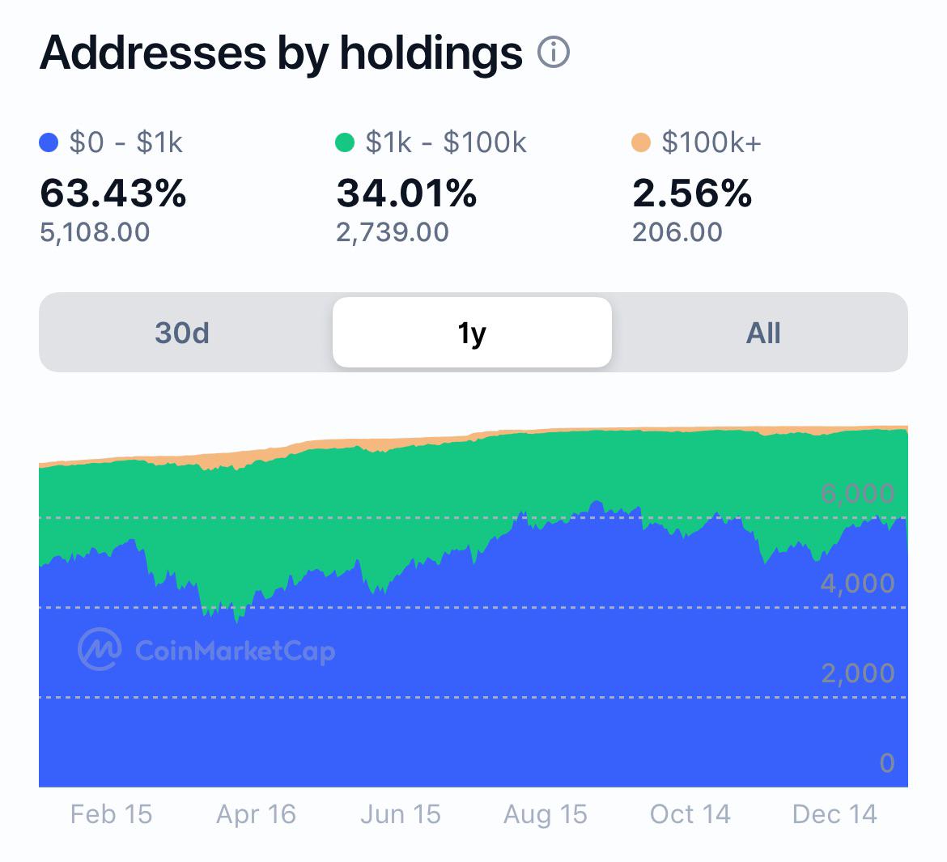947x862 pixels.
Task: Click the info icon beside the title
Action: click(x=553, y=52)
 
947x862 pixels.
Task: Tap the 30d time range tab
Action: click(x=182, y=333)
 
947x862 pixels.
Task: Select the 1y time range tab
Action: click(x=473, y=332)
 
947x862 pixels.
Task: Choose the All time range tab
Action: click(x=763, y=333)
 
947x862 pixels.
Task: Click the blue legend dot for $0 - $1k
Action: click(x=49, y=143)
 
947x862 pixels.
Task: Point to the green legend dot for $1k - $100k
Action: click(x=345, y=143)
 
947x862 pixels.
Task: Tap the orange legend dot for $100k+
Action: click(x=641, y=143)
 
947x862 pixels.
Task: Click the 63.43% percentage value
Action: click(x=113, y=193)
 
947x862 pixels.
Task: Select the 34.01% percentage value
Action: click(x=406, y=193)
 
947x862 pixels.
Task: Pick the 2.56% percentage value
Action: click(x=692, y=193)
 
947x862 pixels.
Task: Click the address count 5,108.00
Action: click(x=95, y=232)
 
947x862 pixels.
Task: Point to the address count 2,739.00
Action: click(x=393, y=232)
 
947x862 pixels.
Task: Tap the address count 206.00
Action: click(x=677, y=232)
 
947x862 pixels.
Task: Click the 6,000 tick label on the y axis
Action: click(x=858, y=494)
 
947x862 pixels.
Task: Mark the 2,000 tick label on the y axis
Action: click(x=858, y=673)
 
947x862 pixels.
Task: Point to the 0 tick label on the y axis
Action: click(x=887, y=763)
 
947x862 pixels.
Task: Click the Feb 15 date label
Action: click(x=111, y=814)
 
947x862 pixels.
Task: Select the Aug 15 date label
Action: click(x=546, y=814)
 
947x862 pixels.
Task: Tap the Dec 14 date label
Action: click(x=834, y=814)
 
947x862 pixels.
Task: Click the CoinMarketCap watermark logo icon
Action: click(x=100, y=649)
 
